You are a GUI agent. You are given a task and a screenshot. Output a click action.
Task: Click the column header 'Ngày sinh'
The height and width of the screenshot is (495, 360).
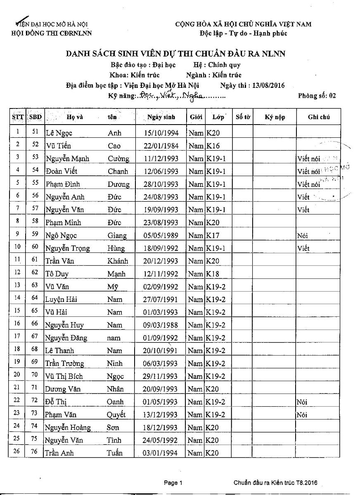pyautogui.click(x=161, y=117)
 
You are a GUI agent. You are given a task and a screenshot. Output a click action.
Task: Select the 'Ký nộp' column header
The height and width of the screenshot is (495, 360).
pyautogui.click(x=275, y=117)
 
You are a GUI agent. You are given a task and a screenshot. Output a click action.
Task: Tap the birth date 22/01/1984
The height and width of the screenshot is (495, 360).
pyautogui.click(x=161, y=146)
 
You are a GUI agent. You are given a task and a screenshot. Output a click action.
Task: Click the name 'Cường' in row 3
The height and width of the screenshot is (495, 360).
pyautogui.click(x=118, y=159)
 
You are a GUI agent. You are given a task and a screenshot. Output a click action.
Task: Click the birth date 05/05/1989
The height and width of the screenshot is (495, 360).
pyautogui.click(x=161, y=236)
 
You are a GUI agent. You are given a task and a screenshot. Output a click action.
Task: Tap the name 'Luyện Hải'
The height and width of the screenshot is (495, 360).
pyautogui.click(x=62, y=299)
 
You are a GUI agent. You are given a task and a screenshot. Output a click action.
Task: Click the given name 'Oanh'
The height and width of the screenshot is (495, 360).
pyautogui.click(x=115, y=402)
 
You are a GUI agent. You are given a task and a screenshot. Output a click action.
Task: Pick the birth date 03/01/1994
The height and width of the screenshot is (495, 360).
pyautogui.click(x=161, y=453)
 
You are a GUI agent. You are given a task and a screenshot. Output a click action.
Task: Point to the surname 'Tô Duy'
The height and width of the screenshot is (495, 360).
pyautogui.click(x=57, y=274)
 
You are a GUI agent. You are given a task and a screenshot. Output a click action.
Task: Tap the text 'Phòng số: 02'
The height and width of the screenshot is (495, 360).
pyautogui.click(x=317, y=96)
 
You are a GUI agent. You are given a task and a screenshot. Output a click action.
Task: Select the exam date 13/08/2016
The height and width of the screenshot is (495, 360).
pyautogui.click(x=267, y=85)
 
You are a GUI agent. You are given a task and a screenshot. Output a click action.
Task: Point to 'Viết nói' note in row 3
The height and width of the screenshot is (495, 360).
pyautogui.click(x=308, y=159)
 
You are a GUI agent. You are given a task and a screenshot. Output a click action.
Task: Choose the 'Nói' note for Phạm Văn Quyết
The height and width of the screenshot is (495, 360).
pyautogui.click(x=302, y=415)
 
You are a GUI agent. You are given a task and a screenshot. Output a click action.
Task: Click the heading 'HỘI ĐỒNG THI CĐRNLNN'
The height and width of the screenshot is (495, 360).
pyautogui.click(x=51, y=33)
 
